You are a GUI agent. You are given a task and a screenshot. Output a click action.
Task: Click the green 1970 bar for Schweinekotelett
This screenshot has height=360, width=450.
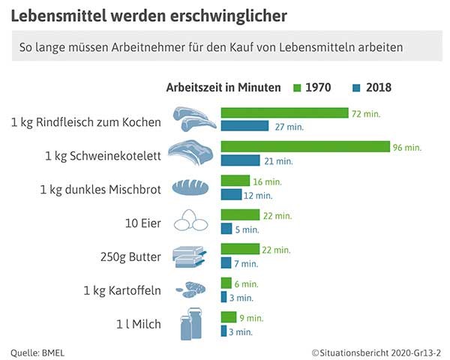(305, 146)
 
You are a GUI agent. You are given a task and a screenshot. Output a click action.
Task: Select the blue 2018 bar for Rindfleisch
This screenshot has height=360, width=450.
(244, 126)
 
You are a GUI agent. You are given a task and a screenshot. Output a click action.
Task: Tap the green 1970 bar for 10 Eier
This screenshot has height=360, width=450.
(240, 215)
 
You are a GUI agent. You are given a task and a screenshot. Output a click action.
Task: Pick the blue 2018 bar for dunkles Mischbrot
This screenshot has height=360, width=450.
(231, 195)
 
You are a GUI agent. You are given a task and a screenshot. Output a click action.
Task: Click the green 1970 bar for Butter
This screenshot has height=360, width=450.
(240, 249)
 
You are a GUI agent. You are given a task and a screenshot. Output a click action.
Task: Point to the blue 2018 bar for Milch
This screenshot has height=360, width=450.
(223, 331)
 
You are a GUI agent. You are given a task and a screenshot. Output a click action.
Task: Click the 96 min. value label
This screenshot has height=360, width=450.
(407, 147)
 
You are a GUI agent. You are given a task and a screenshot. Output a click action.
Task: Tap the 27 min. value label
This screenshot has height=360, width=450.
(289, 127)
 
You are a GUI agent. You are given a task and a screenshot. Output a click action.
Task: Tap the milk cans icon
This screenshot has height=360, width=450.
(192, 325)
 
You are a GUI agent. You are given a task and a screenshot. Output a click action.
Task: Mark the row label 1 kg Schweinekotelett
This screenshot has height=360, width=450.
(104, 154)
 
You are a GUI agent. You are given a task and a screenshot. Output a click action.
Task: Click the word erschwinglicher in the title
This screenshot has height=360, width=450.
(216, 14)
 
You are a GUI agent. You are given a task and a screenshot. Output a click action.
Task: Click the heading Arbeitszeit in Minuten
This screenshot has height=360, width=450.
(223, 88)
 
